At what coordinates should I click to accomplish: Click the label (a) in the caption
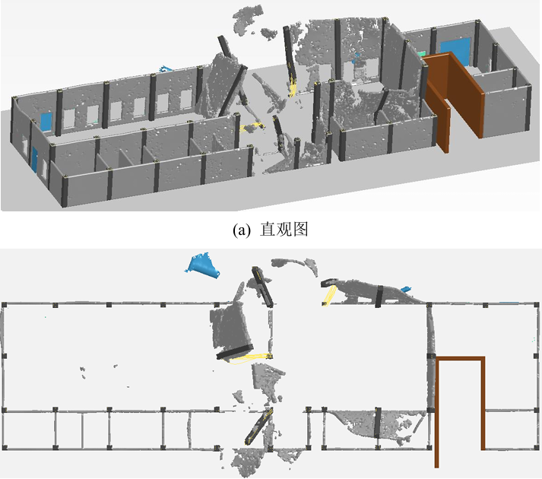click(x=242, y=230)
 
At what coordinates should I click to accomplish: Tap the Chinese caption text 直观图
click(x=284, y=230)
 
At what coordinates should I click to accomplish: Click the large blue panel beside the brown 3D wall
click(x=455, y=51)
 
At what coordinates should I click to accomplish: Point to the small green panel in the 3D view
click(x=421, y=54)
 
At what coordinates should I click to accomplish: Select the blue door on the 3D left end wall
click(x=34, y=159)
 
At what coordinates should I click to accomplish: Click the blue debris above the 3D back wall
click(x=165, y=68)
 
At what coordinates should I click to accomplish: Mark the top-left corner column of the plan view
click(x=4, y=305)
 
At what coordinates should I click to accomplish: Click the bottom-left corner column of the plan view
click(x=4, y=447)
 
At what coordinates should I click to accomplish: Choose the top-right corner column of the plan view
click(x=536, y=305)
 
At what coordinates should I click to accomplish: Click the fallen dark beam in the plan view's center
click(x=235, y=352)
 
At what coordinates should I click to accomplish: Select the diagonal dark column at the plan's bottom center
click(x=258, y=426)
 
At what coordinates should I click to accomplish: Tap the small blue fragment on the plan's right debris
click(x=405, y=289)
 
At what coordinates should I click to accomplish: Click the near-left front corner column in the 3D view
click(x=65, y=192)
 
